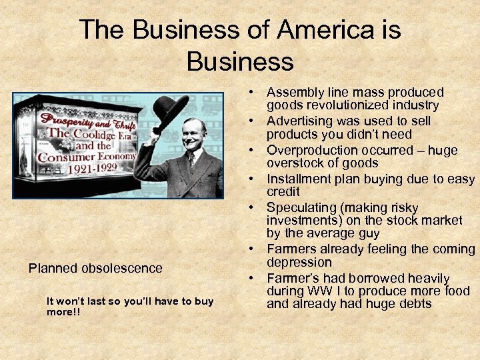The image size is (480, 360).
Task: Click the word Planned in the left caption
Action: pos(53,269)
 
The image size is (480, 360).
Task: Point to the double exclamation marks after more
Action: pos(75,312)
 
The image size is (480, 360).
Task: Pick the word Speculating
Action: pos(299,207)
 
